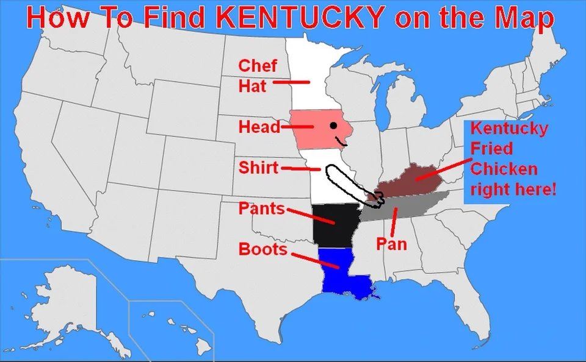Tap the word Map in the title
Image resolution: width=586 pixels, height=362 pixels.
pyautogui.click(x=525, y=18)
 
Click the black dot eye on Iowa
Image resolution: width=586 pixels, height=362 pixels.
pyautogui.click(x=333, y=126)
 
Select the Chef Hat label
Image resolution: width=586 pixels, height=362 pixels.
pyautogui.click(x=256, y=76)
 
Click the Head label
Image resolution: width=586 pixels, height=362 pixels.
pyautogui.click(x=259, y=127)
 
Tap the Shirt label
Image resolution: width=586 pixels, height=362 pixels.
pyautogui.click(x=258, y=168)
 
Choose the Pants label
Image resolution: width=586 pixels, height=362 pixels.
pyautogui.click(x=261, y=208)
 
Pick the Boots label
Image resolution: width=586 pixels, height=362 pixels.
pyautogui.click(x=262, y=249)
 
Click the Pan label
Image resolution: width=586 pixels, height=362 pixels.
pyautogui.click(x=391, y=244)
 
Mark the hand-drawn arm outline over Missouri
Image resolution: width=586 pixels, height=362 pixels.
pyautogui.click(x=345, y=182)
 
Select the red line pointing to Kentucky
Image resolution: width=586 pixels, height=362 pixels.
pyautogui.click(x=443, y=170)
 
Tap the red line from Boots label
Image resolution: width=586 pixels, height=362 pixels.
pyautogui.click(x=314, y=259)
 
